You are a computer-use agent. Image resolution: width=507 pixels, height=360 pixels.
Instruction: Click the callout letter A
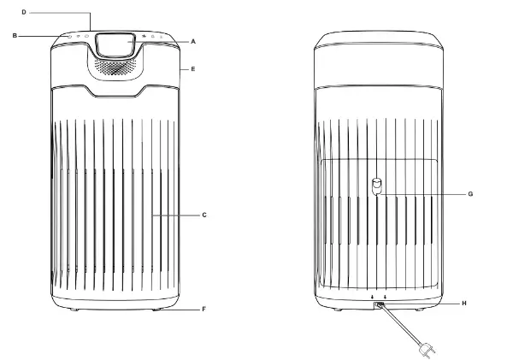193,42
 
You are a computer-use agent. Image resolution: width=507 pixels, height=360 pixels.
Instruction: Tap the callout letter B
15,36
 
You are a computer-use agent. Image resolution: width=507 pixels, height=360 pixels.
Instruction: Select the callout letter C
204,215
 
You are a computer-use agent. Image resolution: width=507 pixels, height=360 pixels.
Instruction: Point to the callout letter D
24,12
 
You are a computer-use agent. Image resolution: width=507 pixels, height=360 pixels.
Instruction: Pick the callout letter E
193,69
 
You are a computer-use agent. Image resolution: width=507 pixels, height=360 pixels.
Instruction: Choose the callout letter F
203,310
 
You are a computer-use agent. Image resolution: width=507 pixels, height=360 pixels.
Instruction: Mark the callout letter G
470,194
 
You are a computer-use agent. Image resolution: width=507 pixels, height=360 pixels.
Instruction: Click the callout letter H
464,304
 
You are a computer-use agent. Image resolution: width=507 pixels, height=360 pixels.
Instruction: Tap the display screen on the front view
115,45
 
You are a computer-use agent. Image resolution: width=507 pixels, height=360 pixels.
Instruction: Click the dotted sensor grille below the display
115,67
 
